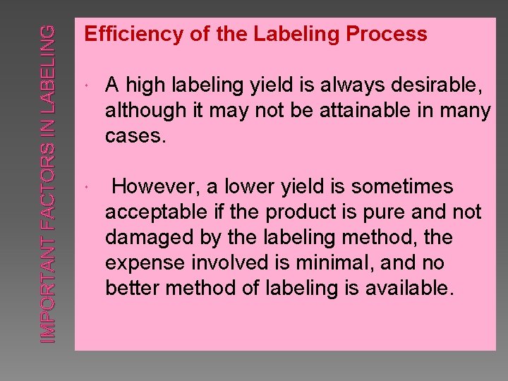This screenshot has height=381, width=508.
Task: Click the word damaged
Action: point(144,237)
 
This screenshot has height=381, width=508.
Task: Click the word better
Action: point(129,288)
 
